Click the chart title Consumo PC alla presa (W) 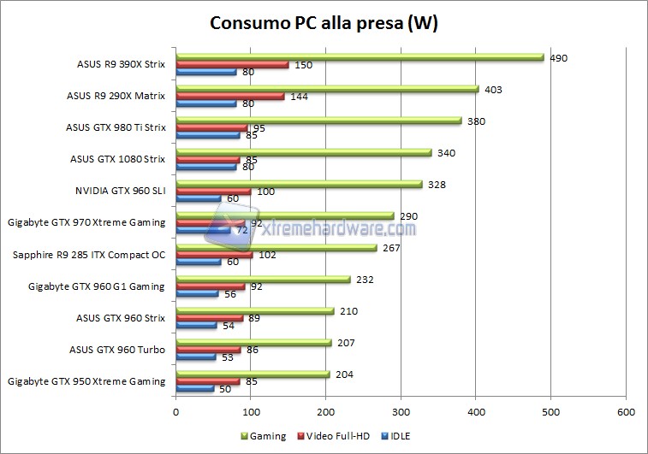point(324,23)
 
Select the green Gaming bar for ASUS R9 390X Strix point(360,57)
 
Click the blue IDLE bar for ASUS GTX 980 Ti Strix point(207,135)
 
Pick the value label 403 point(493,90)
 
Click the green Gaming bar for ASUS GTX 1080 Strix point(303,153)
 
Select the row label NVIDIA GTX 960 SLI point(121,192)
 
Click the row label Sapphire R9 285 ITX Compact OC point(89,255)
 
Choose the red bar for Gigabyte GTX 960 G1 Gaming point(210,286)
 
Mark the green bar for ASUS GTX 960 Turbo point(253,343)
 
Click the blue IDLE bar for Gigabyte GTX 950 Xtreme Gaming point(194,389)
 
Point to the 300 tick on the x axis point(401,410)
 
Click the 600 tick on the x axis point(626,410)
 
